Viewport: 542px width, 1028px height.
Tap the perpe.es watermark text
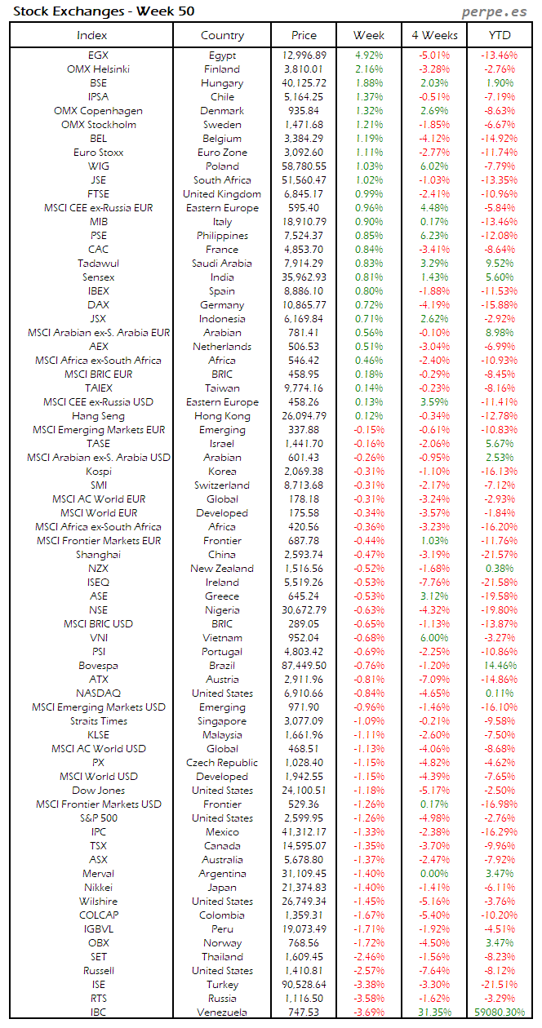[494, 11]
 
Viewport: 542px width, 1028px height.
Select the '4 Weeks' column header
[433, 35]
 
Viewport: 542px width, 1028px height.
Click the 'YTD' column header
[500, 35]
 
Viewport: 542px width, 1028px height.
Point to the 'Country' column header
[222, 35]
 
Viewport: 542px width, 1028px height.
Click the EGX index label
[98, 55]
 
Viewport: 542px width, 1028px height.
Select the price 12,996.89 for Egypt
[304, 55]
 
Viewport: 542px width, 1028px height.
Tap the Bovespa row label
[98, 666]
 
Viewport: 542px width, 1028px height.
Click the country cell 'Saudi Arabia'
[222, 264]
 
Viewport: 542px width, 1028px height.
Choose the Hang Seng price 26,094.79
[304, 416]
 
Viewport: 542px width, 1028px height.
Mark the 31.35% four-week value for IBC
[433, 1012]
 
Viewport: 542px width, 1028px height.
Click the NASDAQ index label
[98, 693]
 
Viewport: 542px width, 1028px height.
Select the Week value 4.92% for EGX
[369, 55]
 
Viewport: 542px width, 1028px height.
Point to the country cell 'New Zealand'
[222, 569]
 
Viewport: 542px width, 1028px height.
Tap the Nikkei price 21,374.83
[304, 888]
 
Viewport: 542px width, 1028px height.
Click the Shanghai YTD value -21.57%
[500, 555]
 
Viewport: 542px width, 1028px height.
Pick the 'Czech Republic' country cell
[222, 763]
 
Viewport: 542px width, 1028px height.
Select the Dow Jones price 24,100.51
[304, 791]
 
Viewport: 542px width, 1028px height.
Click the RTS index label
[98, 999]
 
